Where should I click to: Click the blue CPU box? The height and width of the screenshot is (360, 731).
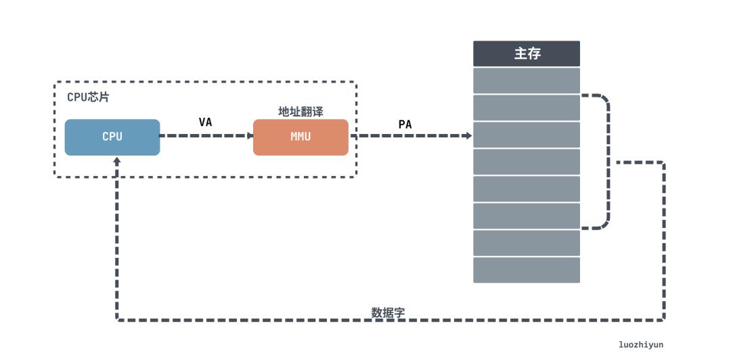pos(112,137)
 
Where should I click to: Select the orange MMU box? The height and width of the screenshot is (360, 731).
pos(301,137)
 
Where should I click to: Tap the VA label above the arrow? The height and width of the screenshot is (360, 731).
pos(205,122)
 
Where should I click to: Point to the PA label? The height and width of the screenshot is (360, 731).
pos(405,124)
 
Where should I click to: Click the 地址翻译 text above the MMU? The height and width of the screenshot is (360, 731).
pos(301,111)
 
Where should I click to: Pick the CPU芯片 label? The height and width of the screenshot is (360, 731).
pos(88,97)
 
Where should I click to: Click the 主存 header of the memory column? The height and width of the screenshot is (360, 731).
pos(527,53)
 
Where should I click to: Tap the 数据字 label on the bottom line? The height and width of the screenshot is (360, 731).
pos(388,312)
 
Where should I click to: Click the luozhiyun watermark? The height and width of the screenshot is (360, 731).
pos(641,344)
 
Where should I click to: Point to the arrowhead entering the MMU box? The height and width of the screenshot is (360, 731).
pos(250,135)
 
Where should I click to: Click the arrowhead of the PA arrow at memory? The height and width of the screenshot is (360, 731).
pos(468,135)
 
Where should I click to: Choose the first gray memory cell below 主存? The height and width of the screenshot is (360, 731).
pos(527,81)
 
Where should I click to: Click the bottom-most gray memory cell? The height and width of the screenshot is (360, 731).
pos(527,270)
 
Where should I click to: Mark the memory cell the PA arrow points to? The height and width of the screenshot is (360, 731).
pos(527,135)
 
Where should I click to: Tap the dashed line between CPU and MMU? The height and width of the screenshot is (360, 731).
pos(203,135)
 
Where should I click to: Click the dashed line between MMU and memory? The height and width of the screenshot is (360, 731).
pos(406,135)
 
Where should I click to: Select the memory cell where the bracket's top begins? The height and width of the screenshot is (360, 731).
pos(527,108)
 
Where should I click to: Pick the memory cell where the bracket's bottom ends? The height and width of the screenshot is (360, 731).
pos(527,216)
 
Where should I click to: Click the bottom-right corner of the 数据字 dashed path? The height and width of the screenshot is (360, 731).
pos(663,319)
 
